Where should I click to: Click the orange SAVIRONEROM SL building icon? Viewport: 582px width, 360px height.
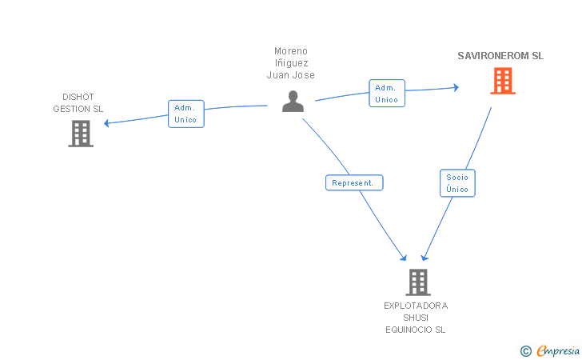[x=502, y=81]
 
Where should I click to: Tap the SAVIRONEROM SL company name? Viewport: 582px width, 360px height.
[x=500, y=56]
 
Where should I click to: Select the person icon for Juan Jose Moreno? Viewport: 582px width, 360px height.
[x=293, y=101]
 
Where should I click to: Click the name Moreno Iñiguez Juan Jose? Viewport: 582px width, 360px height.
[x=291, y=63]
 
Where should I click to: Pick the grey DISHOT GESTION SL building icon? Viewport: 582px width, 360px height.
[x=81, y=134]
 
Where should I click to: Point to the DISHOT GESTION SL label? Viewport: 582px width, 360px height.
[x=78, y=103]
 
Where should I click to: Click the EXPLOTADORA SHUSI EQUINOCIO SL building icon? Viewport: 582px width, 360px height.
[x=417, y=282]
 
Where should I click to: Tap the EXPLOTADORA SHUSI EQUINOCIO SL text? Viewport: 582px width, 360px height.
[x=416, y=317]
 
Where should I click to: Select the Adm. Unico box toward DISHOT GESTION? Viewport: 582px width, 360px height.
[x=185, y=114]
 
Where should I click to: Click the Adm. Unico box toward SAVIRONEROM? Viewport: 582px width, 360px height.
[x=386, y=94]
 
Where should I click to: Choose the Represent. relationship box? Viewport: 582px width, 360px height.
[x=354, y=182]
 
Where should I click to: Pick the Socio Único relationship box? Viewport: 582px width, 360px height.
[x=458, y=183]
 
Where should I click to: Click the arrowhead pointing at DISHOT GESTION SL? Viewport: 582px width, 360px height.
[x=107, y=123]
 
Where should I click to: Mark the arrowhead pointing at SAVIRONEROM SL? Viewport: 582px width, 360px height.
[x=456, y=87]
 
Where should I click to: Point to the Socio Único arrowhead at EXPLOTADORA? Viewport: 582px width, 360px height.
[x=425, y=257]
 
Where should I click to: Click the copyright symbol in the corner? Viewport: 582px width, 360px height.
[x=525, y=350]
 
